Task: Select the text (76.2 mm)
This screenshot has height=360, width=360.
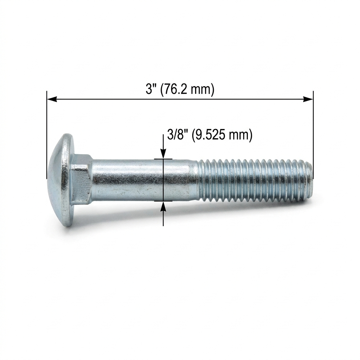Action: pos(187,90)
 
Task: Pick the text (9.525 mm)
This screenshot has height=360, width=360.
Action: pos(221,135)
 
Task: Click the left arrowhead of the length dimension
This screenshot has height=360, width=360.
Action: pos(52,99)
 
